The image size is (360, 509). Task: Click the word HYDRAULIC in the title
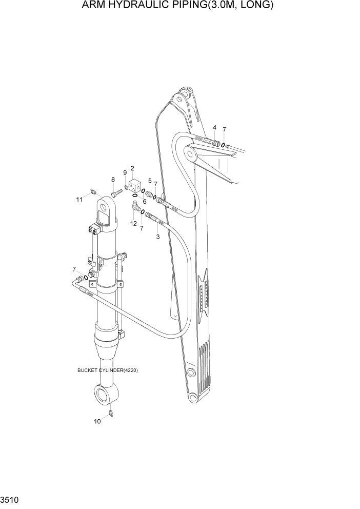tap(145, 6)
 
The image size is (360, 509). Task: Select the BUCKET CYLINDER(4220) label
tap(108, 370)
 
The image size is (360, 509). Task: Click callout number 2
tap(132, 168)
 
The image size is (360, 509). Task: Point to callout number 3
tap(157, 237)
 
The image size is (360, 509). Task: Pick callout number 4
tap(214, 127)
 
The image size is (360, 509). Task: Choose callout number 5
tap(150, 181)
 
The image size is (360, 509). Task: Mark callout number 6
tap(145, 202)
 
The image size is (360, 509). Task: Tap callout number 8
tap(113, 179)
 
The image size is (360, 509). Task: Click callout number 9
tap(124, 172)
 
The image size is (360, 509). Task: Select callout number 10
tap(97, 421)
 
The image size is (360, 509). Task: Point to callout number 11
tap(79, 200)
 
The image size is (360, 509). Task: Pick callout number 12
tap(133, 223)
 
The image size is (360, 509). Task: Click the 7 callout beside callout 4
tap(224, 130)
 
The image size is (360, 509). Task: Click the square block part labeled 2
tap(136, 185)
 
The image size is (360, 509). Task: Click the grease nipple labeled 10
tap(110, 412)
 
